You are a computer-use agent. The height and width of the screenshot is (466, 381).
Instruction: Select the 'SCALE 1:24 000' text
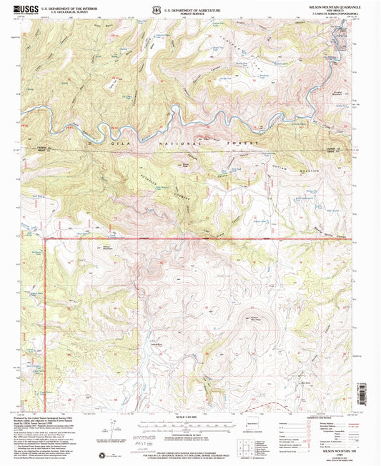[x=187, y=416]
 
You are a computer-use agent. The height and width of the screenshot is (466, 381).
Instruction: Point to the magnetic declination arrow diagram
[x=108, y=428]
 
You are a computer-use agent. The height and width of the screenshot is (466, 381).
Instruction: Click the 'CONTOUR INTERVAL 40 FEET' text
[x=188, y=432]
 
